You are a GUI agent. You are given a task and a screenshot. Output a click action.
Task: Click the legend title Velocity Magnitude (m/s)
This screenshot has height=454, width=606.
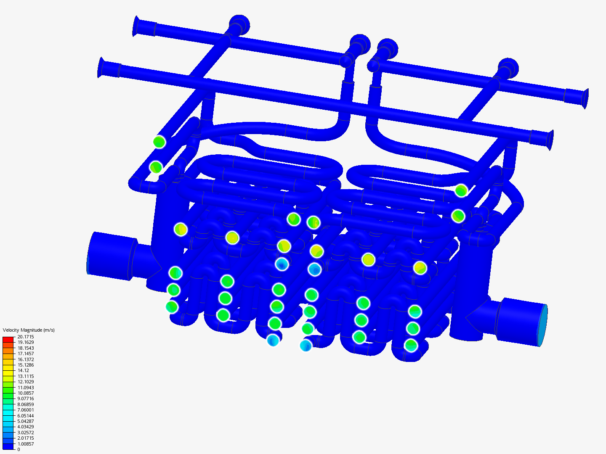pyautogui.click(x=29, y=330)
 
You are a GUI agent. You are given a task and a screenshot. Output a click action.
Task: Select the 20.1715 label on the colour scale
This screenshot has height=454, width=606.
pyautogui.click(x=26, y=337)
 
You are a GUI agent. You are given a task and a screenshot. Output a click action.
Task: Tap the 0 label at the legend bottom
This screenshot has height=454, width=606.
pyautogui.click(x=19, y=449)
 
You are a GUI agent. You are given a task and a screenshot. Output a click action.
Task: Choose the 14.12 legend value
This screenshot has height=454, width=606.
pyautogui.click(x=23, y=370)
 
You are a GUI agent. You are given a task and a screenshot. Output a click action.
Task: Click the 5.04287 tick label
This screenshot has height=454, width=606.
pyautogui.click(x=26, y=421)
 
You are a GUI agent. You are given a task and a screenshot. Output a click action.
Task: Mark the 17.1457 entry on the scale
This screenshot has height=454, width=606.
pyautogui.click(x=26, y=354)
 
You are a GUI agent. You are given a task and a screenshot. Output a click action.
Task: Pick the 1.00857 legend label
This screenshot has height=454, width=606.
pyautogui.click(x=26, y=444)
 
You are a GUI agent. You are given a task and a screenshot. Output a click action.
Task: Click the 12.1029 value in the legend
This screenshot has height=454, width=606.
pyautogui.click(x=26, y=382)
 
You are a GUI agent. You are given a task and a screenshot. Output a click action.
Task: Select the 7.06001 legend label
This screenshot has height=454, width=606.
pyautogui.click(x=26, y=410)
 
